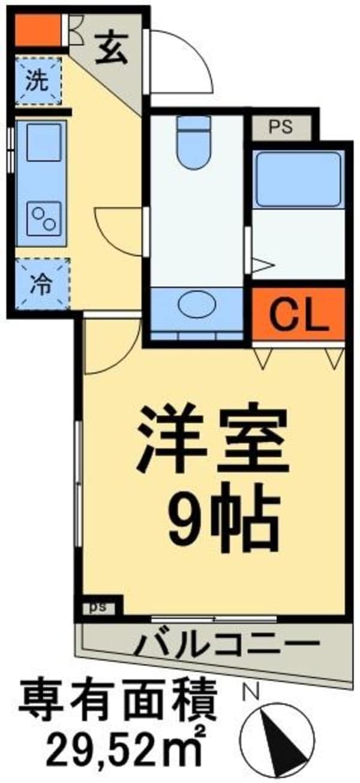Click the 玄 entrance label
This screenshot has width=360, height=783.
click(112, 50)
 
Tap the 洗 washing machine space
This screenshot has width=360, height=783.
click(38, 82)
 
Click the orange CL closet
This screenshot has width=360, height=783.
click(298, 314)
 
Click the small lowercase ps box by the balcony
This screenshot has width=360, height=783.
click(98, 606)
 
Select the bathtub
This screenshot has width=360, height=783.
click(298, 178)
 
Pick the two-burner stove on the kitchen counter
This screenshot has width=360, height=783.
click(43, 220)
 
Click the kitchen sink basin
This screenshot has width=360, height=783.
click(43, 142)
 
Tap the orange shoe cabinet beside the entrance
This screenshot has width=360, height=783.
click(37, 30)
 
